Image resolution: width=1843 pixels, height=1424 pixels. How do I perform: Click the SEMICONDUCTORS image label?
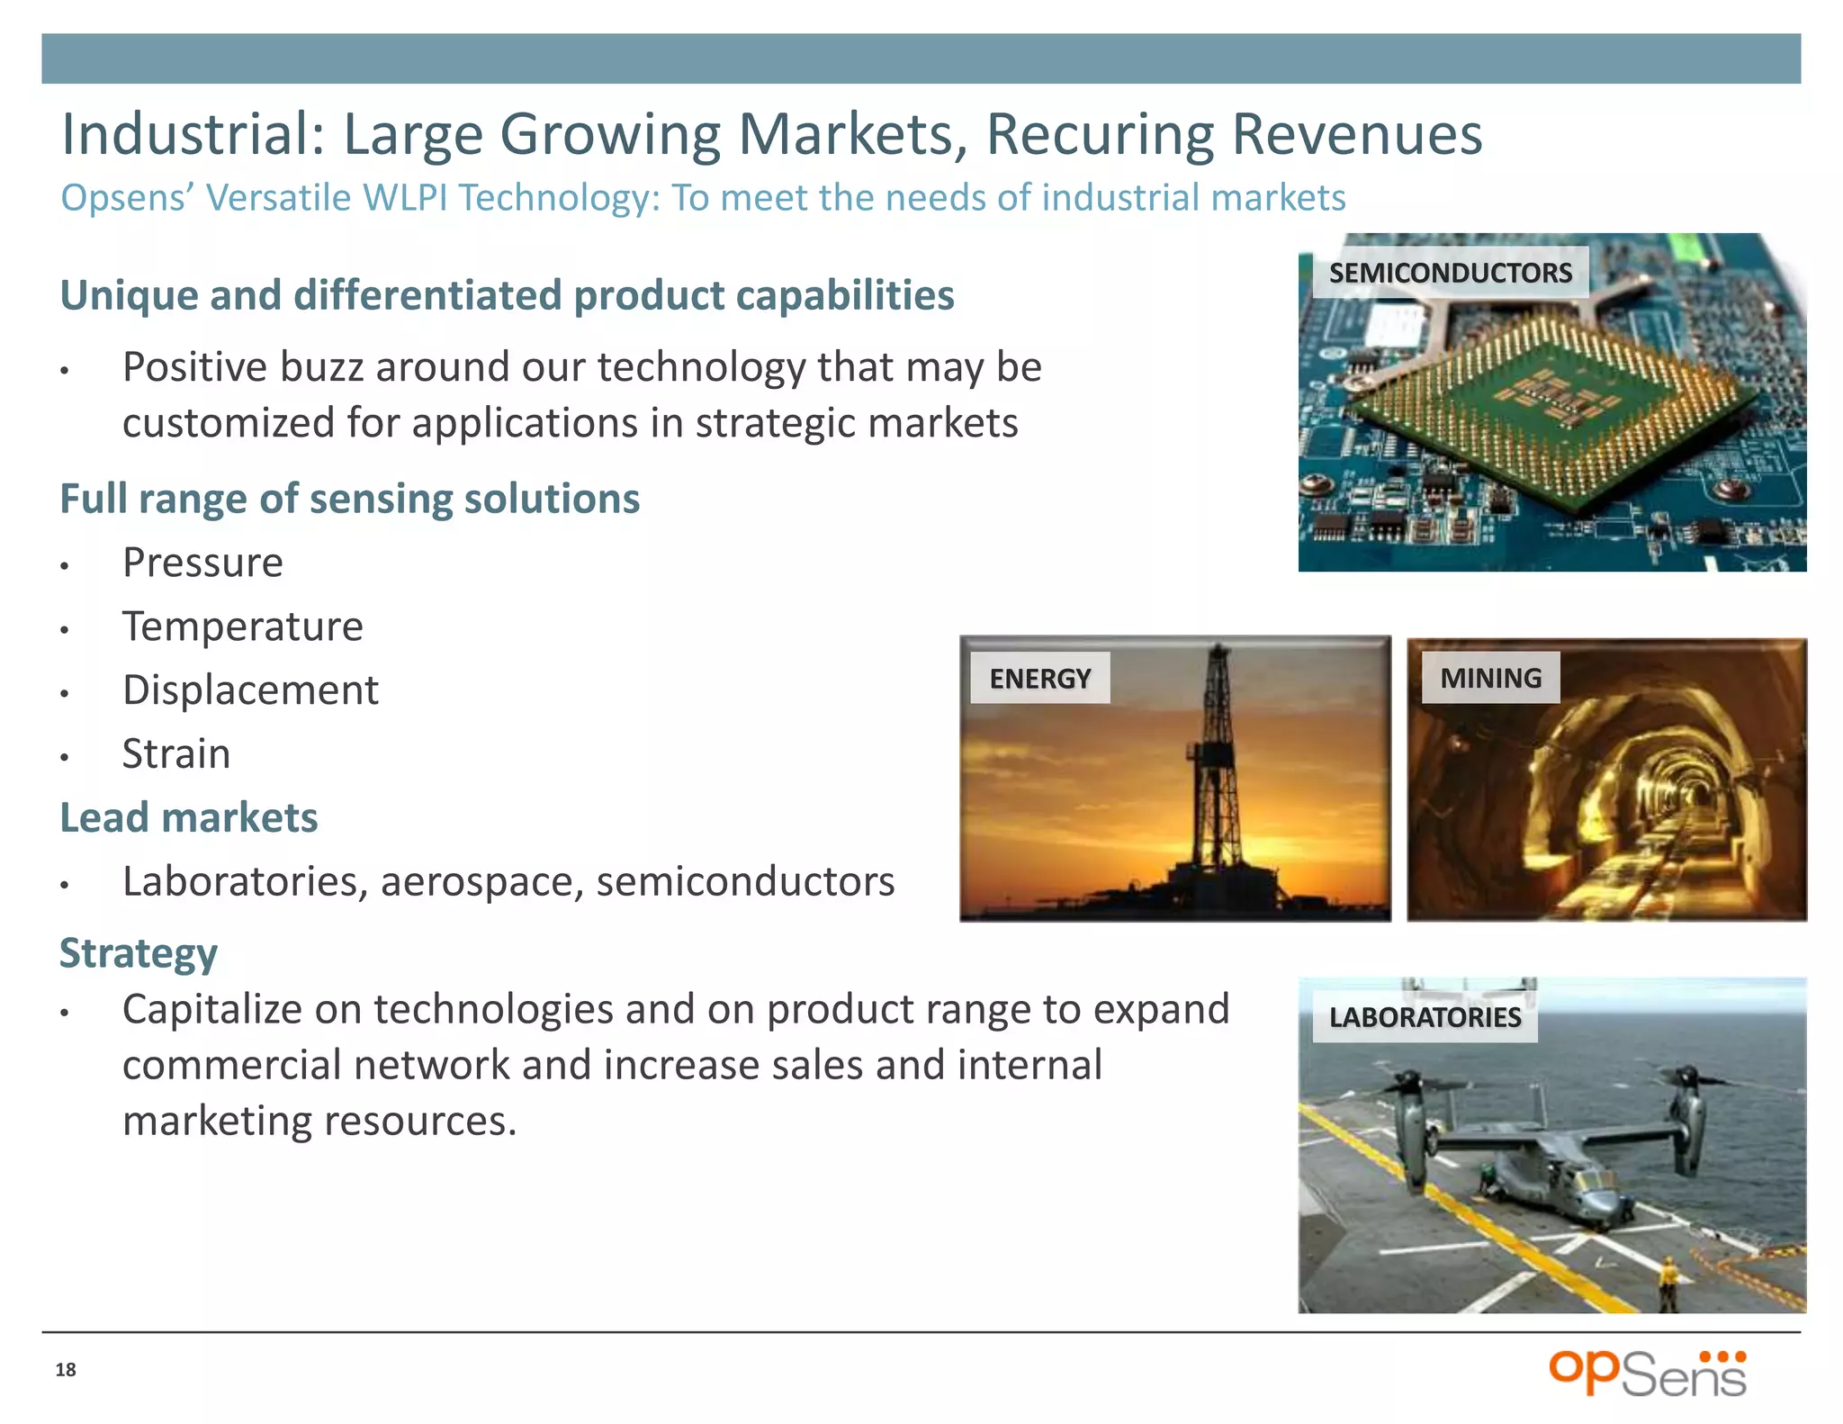coord(1450,273)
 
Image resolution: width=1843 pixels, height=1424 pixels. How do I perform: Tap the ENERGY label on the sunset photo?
coord(1039,678)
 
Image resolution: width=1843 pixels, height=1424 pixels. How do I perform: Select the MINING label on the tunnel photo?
coord(1490,678)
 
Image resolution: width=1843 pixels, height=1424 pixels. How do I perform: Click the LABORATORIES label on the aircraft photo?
coord(1425,1017)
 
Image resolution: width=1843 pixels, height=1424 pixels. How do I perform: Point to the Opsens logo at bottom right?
coord(1647,1374)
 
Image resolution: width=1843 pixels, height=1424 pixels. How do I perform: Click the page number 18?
coord(66,1370)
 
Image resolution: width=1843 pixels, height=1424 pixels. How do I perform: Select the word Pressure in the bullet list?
coord(202,563)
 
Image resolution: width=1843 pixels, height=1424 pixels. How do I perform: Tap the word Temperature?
coord(242,626)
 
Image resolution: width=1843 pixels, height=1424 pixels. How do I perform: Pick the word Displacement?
coord(250,690)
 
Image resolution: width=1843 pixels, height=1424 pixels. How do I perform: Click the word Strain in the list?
coord(176,754)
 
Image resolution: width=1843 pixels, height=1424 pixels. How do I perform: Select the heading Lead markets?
coord(188,817)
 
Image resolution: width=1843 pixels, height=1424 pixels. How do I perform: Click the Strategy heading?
coord(139,953)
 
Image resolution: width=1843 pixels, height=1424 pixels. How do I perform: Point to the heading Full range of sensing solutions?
coord(349,499)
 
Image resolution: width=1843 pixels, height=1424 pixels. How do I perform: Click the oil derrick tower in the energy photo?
coord(1217,765)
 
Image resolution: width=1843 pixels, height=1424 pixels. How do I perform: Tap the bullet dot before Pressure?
coord(65,566)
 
